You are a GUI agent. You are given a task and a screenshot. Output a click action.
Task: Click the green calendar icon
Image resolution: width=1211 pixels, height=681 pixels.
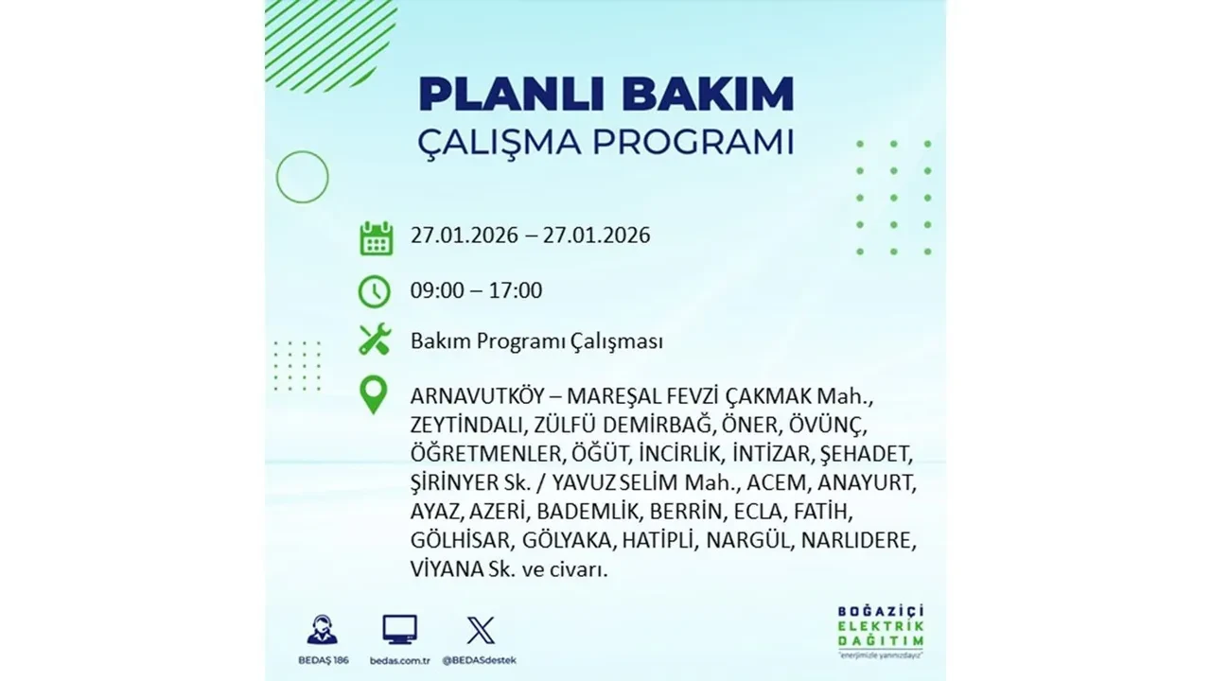point(376,237)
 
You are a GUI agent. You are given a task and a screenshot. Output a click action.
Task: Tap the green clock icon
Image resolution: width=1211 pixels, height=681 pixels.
point(375,291)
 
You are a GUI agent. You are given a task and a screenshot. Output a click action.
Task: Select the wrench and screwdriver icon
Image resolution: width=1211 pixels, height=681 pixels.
point(375,340)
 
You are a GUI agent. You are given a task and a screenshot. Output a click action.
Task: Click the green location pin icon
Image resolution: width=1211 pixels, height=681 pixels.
point(375,395)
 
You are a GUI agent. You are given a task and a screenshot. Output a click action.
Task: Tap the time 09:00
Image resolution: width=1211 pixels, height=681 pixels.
point(437,290)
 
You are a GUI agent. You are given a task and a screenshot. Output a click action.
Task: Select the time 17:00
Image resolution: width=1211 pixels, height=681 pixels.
point(516,290)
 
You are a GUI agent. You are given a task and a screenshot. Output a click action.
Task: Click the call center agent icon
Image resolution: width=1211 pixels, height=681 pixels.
point(322,629)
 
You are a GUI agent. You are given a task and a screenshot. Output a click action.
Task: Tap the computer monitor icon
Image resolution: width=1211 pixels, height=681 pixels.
point(399,629)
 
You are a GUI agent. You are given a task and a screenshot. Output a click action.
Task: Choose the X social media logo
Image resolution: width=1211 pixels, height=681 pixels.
point(481,630)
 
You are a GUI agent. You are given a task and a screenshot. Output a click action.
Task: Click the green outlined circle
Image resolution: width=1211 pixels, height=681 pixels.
point(302,177)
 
